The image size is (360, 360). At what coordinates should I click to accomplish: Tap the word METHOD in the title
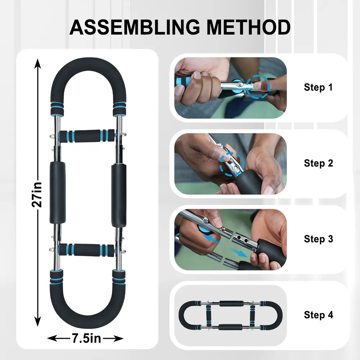point(249,27)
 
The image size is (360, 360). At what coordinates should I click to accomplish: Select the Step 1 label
point(318,87)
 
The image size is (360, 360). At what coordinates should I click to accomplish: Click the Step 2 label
point(318,163)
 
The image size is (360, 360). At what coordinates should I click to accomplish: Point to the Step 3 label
point(318,239)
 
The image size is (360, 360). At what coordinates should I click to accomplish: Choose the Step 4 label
point(318,315)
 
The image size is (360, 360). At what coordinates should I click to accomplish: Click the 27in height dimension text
point(37,195)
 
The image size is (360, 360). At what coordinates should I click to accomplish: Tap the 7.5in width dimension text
point(86,338)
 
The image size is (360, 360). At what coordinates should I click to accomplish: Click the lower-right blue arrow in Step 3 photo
point(239,253)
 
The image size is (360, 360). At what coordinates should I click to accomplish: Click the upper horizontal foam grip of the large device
point(86,136)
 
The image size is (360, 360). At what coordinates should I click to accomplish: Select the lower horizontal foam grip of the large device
point(86,250)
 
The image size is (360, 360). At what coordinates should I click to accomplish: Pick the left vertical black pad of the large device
point(58,192)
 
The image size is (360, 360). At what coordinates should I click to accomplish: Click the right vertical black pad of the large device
point(119,195)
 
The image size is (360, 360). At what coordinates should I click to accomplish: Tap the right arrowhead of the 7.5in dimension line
point(119,338)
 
